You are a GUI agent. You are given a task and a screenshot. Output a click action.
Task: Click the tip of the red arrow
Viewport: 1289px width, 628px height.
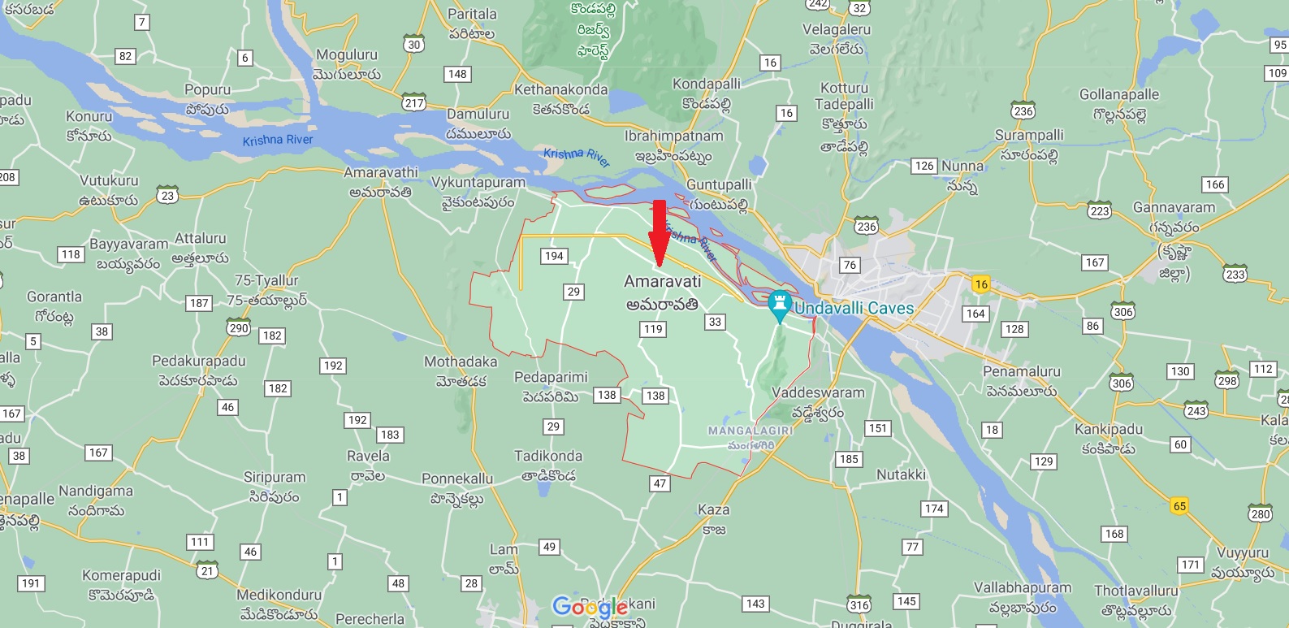pos(659,265)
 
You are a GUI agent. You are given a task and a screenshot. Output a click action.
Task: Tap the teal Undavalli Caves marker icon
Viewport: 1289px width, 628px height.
pos(780,304)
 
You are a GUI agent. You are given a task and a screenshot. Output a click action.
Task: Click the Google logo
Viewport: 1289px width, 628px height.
pos(590,606)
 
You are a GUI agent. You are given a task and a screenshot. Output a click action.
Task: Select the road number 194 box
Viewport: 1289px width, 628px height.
pos(554,256)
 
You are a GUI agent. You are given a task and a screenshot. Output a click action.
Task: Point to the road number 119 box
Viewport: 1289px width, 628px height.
pos(653,329)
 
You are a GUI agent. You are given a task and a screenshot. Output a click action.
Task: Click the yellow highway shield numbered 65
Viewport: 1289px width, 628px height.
pos(1179,506)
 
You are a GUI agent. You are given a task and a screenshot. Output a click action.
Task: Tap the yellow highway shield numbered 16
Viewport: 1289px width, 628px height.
pos(981,284)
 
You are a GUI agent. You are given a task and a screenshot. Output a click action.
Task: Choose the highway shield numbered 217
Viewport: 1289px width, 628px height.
pos(414,103)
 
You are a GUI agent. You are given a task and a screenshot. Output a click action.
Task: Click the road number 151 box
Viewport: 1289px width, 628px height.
pos(878,428)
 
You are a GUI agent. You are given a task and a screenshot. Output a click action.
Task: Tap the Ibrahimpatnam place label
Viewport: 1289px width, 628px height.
pos(673,136)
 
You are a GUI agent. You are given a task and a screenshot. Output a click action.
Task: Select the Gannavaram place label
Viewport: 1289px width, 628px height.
pos(1174,208)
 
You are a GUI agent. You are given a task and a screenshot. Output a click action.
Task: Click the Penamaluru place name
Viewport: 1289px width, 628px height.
pos(1021,372)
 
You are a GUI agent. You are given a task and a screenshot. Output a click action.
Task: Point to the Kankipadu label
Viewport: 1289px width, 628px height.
pos(1108,430)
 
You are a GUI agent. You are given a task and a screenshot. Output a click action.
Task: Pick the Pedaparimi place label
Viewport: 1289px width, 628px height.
pos(551,378)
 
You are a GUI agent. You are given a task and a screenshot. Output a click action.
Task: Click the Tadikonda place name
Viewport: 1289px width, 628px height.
pos(548,457)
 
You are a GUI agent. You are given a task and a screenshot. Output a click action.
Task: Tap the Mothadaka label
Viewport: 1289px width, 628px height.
pos(461,362)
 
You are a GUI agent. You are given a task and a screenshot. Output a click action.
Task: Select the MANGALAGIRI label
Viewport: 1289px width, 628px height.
pos(750,431)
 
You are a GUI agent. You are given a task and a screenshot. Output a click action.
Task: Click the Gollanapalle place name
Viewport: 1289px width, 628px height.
pos(1118,95)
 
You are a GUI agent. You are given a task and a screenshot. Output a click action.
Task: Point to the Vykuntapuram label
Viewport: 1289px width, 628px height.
pos(478,183)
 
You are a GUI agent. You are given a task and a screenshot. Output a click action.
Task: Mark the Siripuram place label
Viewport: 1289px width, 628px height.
pos(275,478)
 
